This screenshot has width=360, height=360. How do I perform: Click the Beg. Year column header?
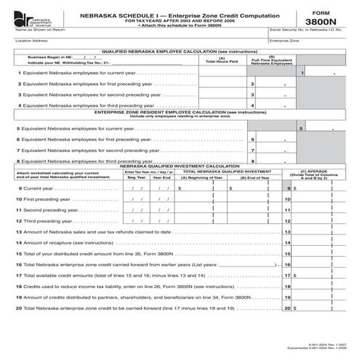[x=136, y=177]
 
